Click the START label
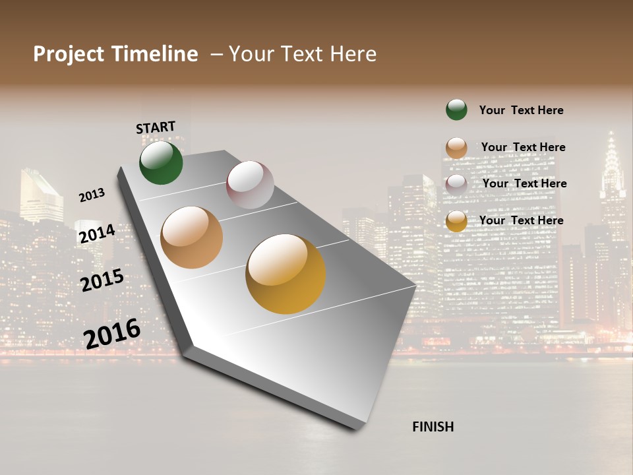pyautogui.click(x=156, y=127)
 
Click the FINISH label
pyautogui.click(x=433, y=427)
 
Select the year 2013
pyautogui.click(x=92, y=195)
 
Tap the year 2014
pyautogui.click(x=98, y=234)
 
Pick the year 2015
pyautogui.click(x=102, y=280)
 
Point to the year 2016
pyautogui.click(x=112, y=333)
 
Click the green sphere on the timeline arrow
pyautogui.click(x=161, y=162)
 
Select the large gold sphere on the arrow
pyautogui.click(x=286, y=274)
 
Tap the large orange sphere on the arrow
pyautogui.click(x=191, y=237)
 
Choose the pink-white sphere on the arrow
pyautogui.click(x=250, y=185)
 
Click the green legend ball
pyautogui.click(x=456, y=110)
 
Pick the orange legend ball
pyautogui.click(x=456, y=148)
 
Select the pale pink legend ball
pyautogui.click(x=456, y=184)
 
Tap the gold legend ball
pyautogui.click(x=456, y=221)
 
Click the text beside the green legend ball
pyautogui.click(x=521, y=110)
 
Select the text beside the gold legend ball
pyautogui.click(x=521, y=220)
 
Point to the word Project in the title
pyautogui.click(x=68, y=54)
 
